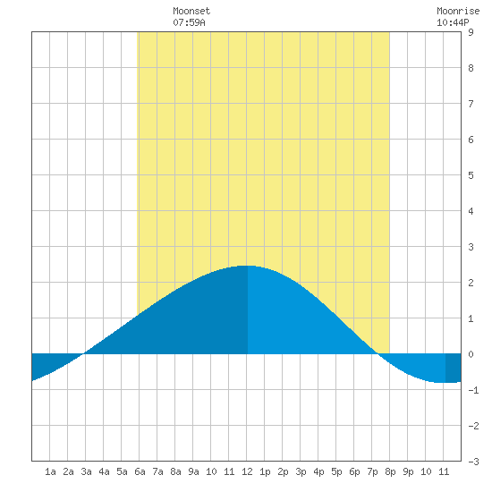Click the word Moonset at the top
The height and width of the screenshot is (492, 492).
(x=191, y=11)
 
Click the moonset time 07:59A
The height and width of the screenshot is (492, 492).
(x=189, y=22)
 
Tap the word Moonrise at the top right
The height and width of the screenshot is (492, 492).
(x=458, y=11)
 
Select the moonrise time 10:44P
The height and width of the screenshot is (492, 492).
(x=453, y=22)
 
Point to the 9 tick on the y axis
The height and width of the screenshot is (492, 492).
(x=471, y=32)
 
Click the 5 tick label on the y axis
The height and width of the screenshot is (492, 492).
(x=471, y=175)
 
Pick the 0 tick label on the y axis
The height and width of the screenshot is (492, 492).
(x=471, y=354)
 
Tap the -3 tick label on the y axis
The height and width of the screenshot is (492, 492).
(x=473, y=462)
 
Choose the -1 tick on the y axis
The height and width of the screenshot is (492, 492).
(x=473, y=390)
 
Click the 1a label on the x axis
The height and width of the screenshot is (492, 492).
(x=50, y=471)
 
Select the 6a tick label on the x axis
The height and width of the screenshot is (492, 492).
(x=140, y=471)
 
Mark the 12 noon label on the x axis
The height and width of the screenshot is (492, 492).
(x=247, y=471)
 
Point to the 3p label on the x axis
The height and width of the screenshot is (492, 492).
(x=301, y=471)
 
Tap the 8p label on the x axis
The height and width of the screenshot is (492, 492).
(x=390, y=471)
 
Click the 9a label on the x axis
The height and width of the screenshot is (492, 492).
(x=193, y=471)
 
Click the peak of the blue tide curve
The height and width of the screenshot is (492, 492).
(x=247, y=266)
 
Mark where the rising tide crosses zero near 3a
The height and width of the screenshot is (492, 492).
(x=83, y=354)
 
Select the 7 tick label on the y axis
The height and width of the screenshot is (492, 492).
(x=471, y=104)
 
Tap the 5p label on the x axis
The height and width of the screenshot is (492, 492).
(x=336, y=471)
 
